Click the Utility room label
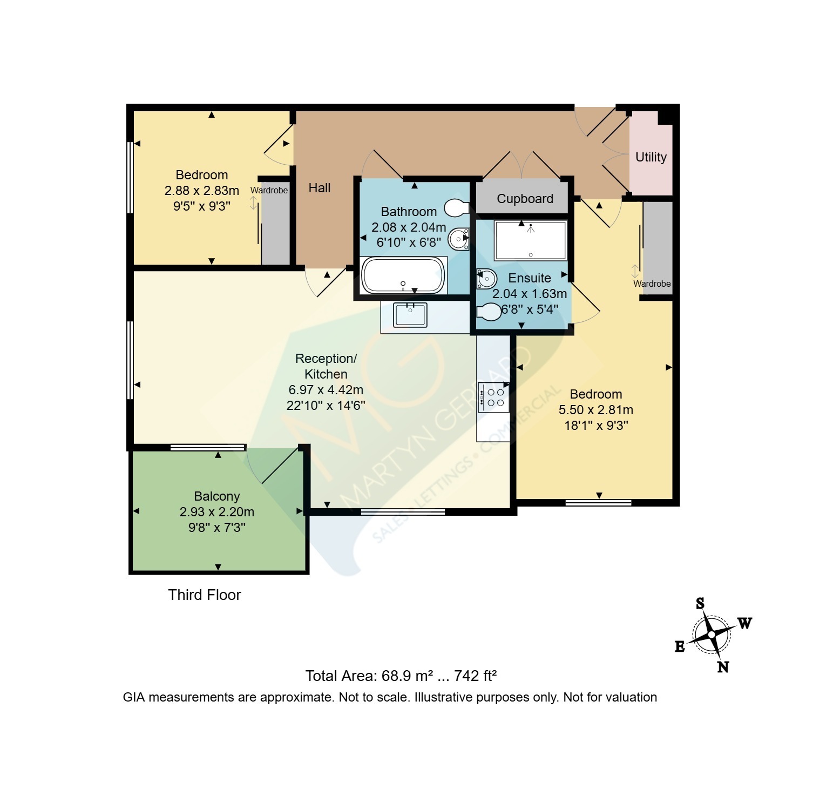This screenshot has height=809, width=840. (651, 157)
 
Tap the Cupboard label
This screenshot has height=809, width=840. (525, 199)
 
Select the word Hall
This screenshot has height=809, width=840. (320, 188)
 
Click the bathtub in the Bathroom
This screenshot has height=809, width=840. (404, 275)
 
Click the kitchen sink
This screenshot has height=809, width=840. (410, 315)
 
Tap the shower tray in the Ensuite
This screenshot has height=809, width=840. (531, 240)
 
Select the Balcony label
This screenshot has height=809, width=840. (217, 496)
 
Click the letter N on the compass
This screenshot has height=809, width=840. (723, 667)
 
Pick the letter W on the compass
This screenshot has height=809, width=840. (744, 623)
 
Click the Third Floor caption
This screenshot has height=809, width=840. (204, 595)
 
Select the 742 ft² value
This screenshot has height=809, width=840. (476, 676)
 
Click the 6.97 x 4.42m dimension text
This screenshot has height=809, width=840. (326, 390)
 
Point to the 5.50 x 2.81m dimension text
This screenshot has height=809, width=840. (596, 410)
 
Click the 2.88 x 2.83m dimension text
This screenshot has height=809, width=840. (202, 191)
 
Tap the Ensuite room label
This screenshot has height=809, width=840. (530, 278)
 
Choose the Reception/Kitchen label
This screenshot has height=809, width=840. (326, 366)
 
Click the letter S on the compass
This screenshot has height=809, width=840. (700, 603)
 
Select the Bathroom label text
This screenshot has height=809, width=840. (409, 212)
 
